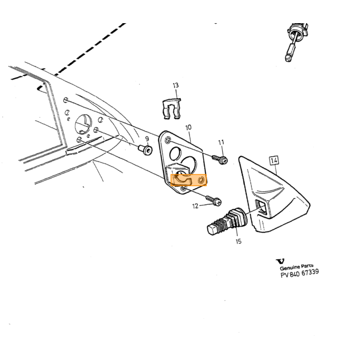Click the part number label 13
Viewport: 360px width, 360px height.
pos(176,86)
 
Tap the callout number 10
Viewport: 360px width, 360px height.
pos(188,128)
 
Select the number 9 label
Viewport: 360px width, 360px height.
pos(147,139)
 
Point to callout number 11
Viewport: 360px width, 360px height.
pos(221,142)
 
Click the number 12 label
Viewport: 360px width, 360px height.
pos(195,206)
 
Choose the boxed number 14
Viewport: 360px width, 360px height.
pos(274,160)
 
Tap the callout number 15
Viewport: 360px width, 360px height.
pos(239,241)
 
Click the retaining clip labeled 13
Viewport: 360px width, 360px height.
pos(171,109)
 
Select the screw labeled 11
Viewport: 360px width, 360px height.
pos(220,159)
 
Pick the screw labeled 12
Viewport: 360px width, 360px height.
pos(214,201)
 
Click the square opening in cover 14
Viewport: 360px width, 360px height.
pos(262,207)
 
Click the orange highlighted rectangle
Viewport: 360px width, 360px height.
pos(189,180)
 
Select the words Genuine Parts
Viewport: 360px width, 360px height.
pos(296,267)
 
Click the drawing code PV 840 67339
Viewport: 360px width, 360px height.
pos(300,273)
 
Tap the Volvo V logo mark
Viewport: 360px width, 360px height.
pos(280,261)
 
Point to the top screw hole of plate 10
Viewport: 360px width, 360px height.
pos(168,140)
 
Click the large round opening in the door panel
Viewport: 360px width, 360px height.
pos(83,124)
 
